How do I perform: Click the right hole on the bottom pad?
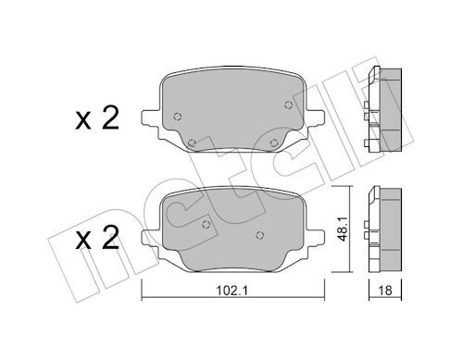pyautogui.click(x=264, y=232)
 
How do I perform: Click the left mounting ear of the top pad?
pyautogui.click(x=149, y=118)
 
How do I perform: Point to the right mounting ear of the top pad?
pyautogui.click(x=316, y=118)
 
